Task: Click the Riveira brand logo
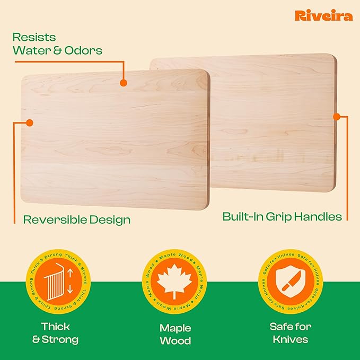coord(323,15)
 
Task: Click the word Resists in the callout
coord(34,37)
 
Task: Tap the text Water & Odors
coord(57,51)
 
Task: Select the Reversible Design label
coord(76,219)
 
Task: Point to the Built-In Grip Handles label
coord(282,216)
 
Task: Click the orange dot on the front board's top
coord(124,83)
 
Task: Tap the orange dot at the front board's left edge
coord(30,122)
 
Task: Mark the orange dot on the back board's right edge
coord(336,116)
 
